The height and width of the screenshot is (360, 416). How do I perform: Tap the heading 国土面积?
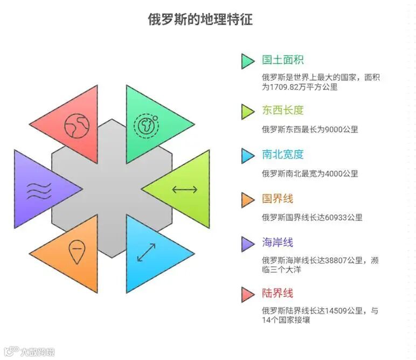(x=283, y=60)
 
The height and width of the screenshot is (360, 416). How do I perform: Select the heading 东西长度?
(x=283, y=110)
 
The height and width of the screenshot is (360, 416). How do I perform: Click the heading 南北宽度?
(x=283, y=155)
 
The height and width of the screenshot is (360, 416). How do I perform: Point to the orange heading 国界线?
(x=278, y=199)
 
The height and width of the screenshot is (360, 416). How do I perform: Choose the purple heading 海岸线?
(x=278, y=243)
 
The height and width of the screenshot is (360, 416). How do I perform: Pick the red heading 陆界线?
(x=278, y=293)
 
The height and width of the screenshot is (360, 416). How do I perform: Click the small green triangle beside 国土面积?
(x=247, y=61)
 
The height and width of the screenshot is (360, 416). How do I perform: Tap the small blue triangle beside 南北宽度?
(x=247, y=156)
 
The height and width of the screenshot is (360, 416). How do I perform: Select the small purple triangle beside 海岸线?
(x=247, y=244)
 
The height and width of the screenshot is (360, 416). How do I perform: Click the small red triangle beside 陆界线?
(x=247, y=294)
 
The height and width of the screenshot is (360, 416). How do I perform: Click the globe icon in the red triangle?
(x=75, y=125)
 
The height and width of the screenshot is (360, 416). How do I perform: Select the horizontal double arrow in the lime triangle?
(x=184, y=189)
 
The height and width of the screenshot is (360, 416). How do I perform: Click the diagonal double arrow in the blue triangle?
(x=147, y=252)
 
